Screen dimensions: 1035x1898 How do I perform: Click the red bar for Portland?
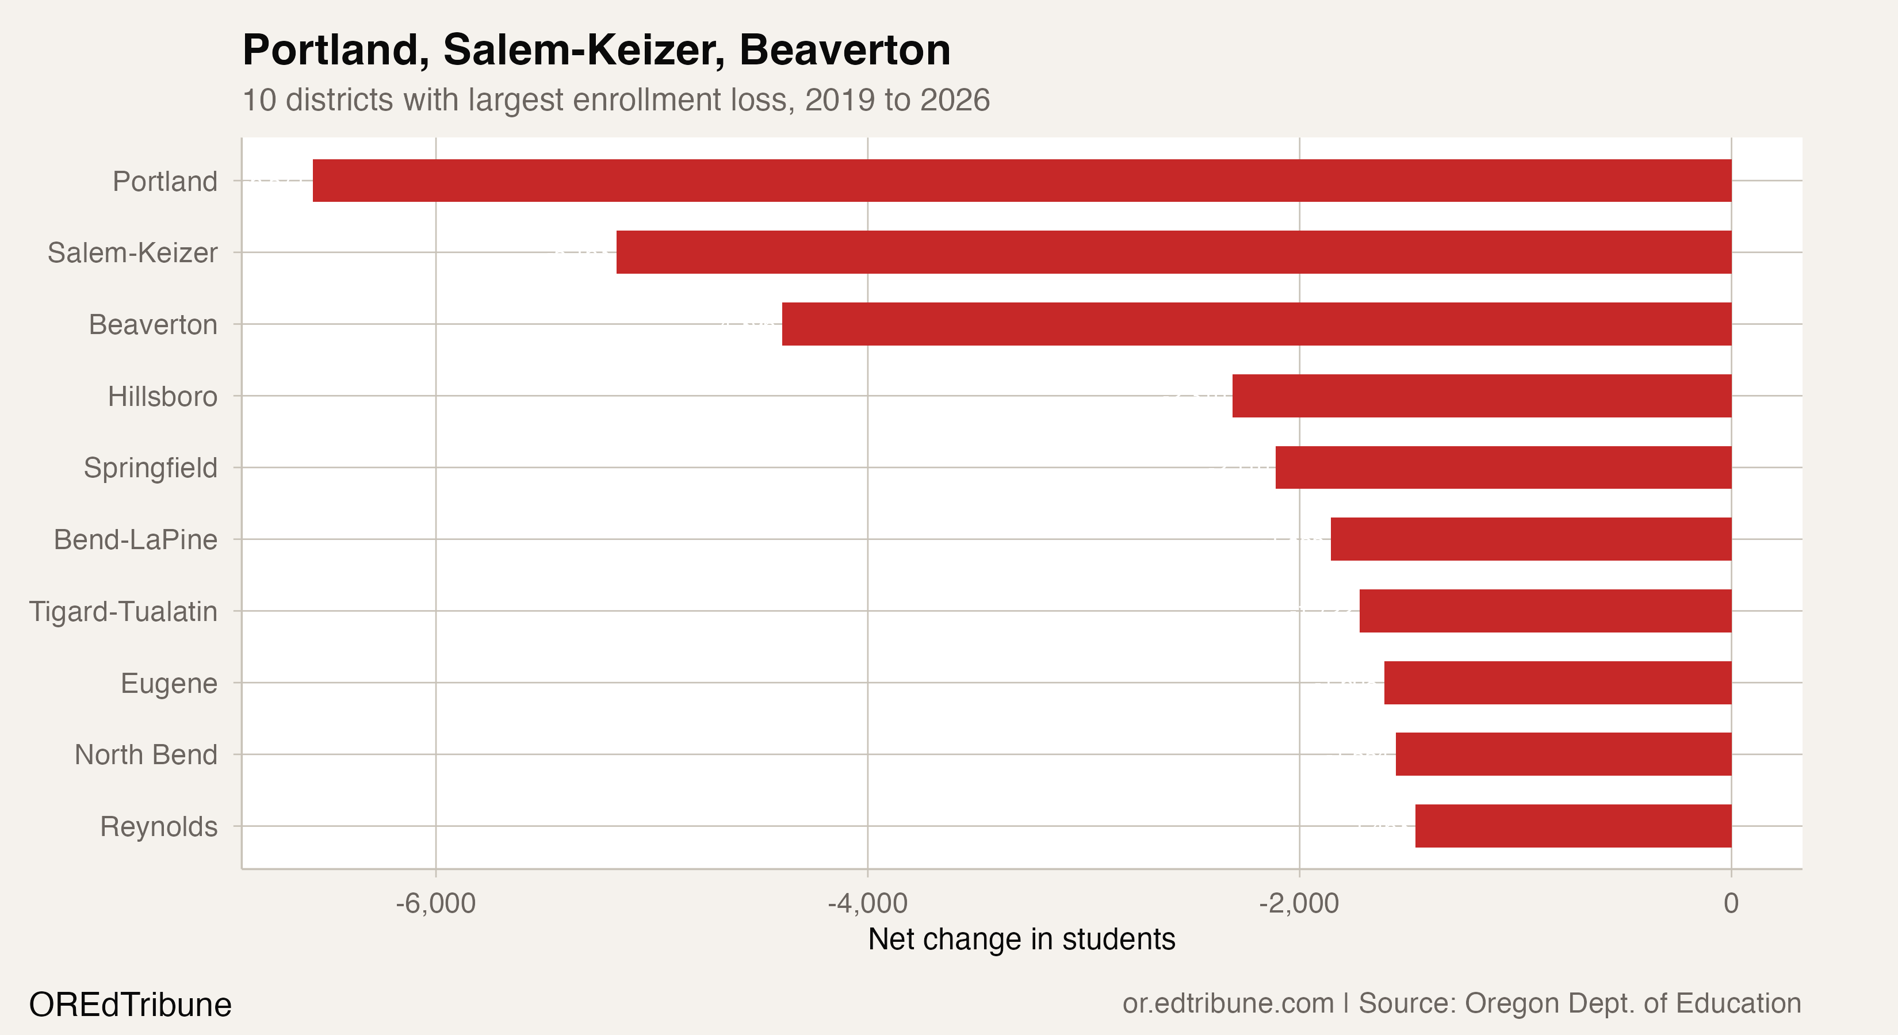(x=1021, y=181)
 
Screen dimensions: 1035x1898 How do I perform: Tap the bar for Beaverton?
(x=1256, y=324)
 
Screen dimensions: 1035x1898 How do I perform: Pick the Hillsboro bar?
(x=1481, y=396)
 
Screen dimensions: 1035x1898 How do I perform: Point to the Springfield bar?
(x=1503, y=467)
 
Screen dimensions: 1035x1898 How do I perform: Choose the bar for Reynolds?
(x=1572, y=826)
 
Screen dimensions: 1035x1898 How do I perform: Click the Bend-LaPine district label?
(x=136, y=540)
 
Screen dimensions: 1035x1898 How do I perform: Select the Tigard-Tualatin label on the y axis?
(x=123, y=611)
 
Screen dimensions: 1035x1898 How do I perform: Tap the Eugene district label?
(x=169, y=684)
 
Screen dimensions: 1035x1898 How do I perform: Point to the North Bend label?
(x=146, y=755)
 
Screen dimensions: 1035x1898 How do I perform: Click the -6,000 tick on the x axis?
(x=435, y=903)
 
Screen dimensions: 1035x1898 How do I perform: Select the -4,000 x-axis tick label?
(x=867, y=903)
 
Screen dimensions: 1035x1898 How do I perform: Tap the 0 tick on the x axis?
(x=1731, y=903)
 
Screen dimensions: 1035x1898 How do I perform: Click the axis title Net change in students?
(x=1021, y=939)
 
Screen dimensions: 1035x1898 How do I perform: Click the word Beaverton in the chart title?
(x=844, y=50)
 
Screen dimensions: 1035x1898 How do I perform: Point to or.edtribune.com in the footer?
(x=1227, y=1003)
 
